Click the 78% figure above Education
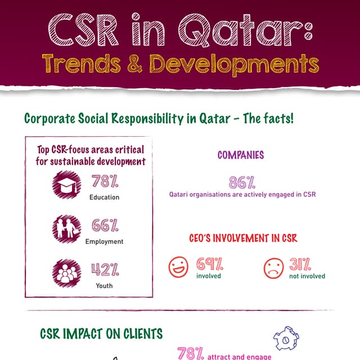tap(105, 182)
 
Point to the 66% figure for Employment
tap(105, 226)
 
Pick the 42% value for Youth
tap(105, 269)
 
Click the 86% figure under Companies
tap(242, 182)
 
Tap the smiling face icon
tap(179, 267)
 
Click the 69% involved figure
tap(209, 263)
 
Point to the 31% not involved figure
tap(301, 263)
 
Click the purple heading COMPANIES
tap(240, 155)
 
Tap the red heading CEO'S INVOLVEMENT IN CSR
tap(242, 238)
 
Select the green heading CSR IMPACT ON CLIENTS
tap(101, 334)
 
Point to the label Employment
tap(104, 241)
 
